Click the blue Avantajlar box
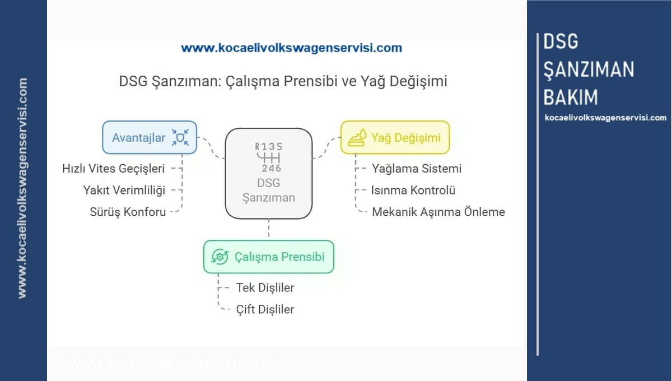tap(149, 137)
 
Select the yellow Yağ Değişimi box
tap(395, 137)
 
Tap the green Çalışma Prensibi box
tap(268, 257)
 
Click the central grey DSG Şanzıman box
tap(269, 174)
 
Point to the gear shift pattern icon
tap(269, 157)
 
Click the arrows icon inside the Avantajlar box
tap(180, 137)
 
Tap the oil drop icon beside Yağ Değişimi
tap(357, 138)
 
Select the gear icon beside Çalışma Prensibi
tap(220, 257)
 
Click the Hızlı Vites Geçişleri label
tap(114, 168)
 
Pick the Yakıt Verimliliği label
tap(124, 190)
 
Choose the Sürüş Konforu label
tap(128, 212)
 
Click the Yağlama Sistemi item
tap(417, 168)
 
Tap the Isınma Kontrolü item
tap(413, 190)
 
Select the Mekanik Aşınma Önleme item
tap(438, 212)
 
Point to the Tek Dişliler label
tap(265, 287)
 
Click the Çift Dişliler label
tap(265, 309)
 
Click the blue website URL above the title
tap(291, 48)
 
